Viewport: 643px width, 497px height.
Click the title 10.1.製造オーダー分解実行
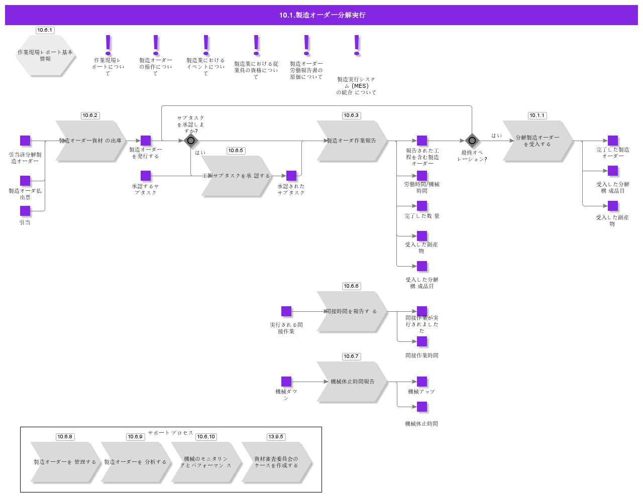(x=322, y=15)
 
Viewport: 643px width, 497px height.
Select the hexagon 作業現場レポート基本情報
(x=45, y=56)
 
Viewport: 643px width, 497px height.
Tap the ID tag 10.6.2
(x=90, y=115)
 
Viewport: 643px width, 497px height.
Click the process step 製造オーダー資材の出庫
(x=90, y=141)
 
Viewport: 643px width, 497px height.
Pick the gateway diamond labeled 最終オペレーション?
(x=472, y=141)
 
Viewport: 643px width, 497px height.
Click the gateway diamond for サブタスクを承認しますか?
(x=190, y=141)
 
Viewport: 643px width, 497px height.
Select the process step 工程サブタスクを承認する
(x=236, y=176)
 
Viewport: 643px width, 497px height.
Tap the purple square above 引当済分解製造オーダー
(x=25, y=141)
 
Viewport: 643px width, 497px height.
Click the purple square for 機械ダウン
(x=286, y=382)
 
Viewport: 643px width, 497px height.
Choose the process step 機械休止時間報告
(x=352, y=382)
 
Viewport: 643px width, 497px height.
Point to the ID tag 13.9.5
(x=276, y=437)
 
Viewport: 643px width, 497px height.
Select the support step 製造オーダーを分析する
(x=136, y=462)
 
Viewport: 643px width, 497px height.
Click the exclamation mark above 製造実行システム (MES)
(x=357, y=45)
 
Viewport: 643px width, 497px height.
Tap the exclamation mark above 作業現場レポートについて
(x=108, y=45)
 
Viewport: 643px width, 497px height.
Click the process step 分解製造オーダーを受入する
(x=538, y=141)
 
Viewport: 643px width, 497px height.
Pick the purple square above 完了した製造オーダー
(x=613, y=141)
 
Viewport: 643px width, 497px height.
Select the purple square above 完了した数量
(x=422, y=206)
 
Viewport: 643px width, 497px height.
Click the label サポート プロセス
(x=171, y=433)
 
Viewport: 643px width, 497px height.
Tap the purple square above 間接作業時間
(x=422, y=341)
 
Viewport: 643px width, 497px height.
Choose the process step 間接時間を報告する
(x=352, y=312)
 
